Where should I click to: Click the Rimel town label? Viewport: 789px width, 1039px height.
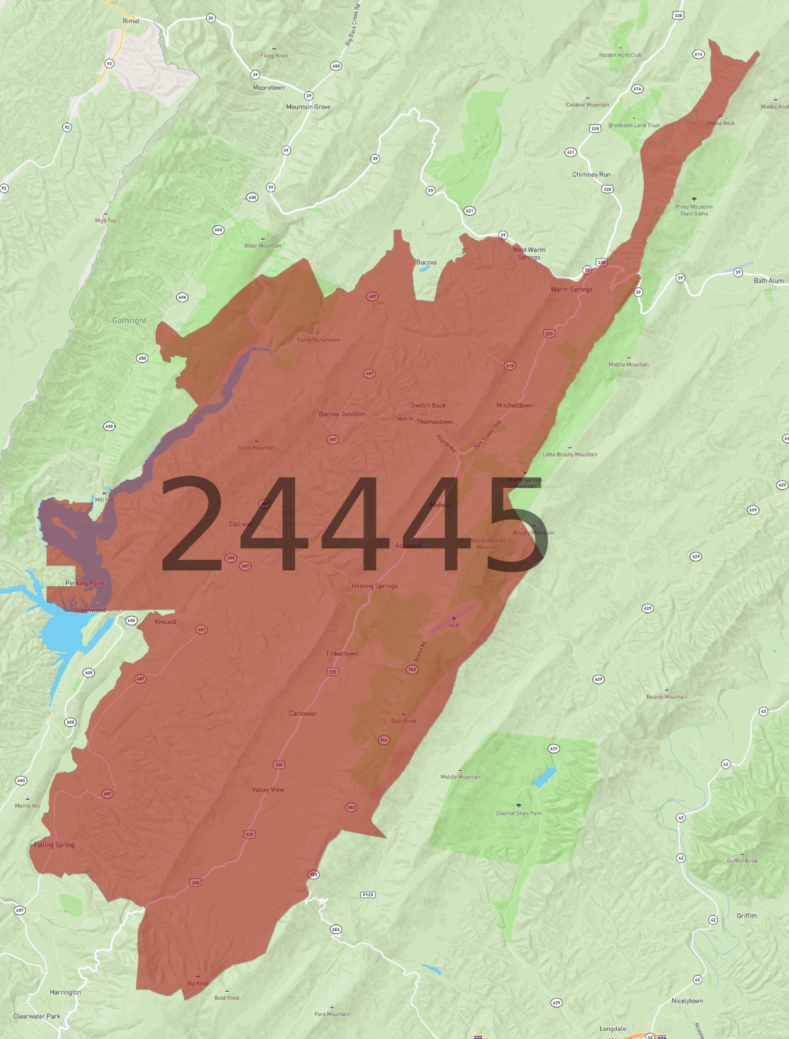click(x=131, y=21)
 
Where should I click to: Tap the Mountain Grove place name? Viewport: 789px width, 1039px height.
click(x=308, y=107)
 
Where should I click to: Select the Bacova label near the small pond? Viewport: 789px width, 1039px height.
click(x=426, y=262)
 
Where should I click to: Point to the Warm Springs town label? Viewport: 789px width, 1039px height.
click(x=571, y=289)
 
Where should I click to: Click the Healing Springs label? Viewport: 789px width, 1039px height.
click(x=375, y=586)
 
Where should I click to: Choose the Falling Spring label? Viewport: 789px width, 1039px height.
click(x=54, y=845)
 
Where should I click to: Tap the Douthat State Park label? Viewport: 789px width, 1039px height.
click(x=519, y=813)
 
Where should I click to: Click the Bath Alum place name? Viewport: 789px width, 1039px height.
click(x=768, y=281)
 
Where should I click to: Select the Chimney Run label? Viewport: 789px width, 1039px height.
click(x=591, y=175)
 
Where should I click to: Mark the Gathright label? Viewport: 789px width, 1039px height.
click(x=129, y=321)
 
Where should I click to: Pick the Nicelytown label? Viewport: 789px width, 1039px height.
click(x=687, y=1001)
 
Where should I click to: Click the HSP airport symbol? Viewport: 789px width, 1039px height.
click(x=454, y=619)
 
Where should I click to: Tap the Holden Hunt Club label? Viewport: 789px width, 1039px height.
click(x=620, y=55)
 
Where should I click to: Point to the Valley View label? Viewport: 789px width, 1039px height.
click(x=268, y=790)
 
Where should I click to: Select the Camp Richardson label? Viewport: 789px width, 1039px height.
click(x=318, y=340)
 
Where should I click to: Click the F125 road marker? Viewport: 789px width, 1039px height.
click(x=368, y=894)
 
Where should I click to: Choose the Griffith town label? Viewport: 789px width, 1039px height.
click(x=746, y=916)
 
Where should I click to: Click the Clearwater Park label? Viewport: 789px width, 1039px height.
click(x=37, y=1016)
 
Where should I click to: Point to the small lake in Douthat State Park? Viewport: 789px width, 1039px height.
click(x=544, y=777)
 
